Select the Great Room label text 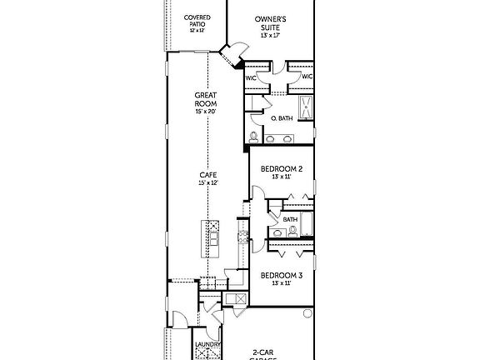[206, 99]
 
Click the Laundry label [207, 344]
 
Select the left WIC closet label [251, 77]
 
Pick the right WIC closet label [307, 77]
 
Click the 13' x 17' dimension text [270, 36]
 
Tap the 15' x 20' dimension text [206, 111]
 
